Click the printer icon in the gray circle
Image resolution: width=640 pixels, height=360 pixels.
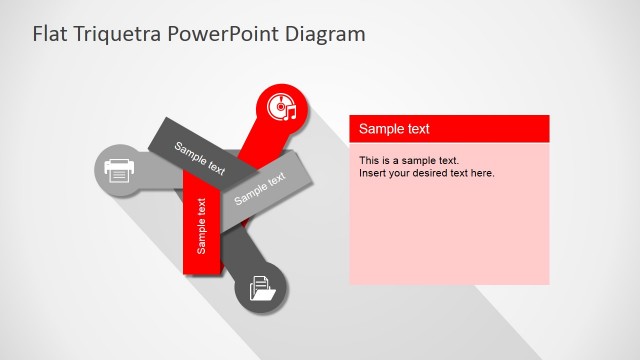tap(119, 171)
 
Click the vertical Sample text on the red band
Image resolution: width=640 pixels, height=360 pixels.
tap(203, 226)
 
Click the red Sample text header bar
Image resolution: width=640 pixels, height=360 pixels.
tap(449, 129)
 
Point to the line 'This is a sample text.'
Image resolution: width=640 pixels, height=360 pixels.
tap(408, 160)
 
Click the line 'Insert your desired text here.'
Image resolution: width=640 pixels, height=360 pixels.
tap(427, 173)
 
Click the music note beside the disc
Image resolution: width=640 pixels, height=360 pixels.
tap(290, 112)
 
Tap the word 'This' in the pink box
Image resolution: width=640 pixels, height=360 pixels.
tap(369, 160)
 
